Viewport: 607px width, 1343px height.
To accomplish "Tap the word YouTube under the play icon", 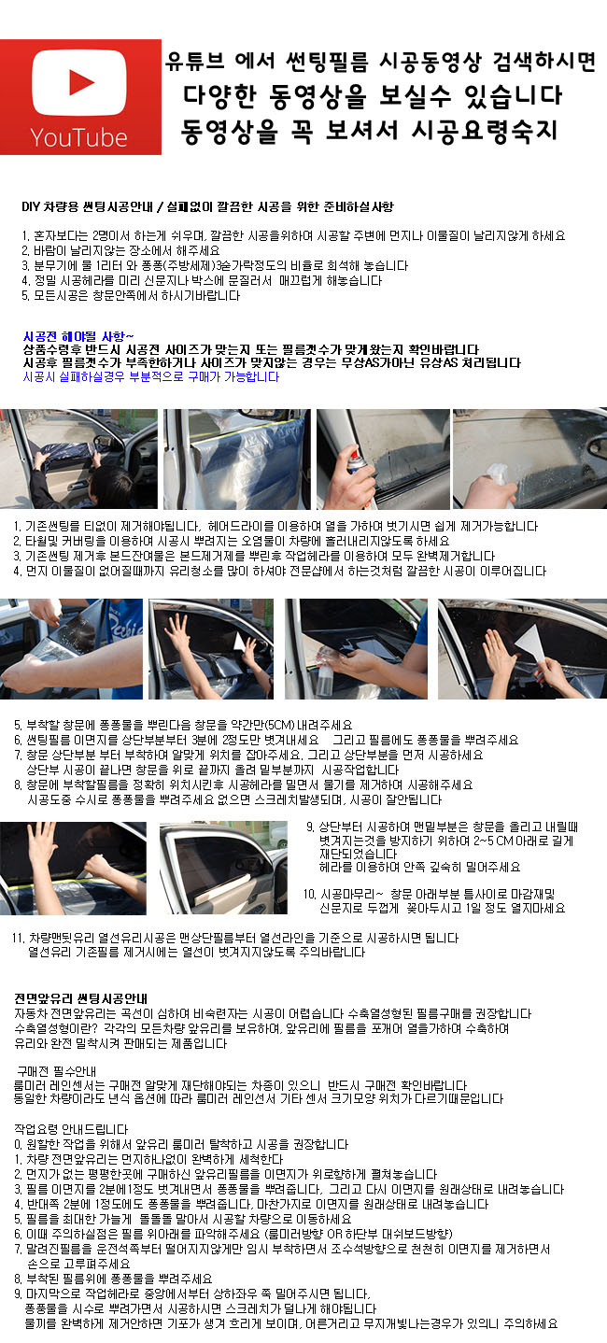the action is point(78,138).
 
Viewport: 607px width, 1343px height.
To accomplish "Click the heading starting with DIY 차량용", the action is point(208,206).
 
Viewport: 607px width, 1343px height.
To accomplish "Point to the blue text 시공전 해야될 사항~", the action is point(78,336).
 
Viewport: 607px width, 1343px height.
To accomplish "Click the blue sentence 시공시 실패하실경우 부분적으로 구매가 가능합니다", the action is point(151,376).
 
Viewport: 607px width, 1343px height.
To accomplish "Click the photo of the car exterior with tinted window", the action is point(223,868).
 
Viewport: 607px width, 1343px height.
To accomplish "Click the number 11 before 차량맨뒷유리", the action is point(18,938).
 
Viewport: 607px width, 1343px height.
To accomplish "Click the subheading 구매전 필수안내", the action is point(56,1071).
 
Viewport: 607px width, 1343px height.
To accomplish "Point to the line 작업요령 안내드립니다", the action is point(71,1129).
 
